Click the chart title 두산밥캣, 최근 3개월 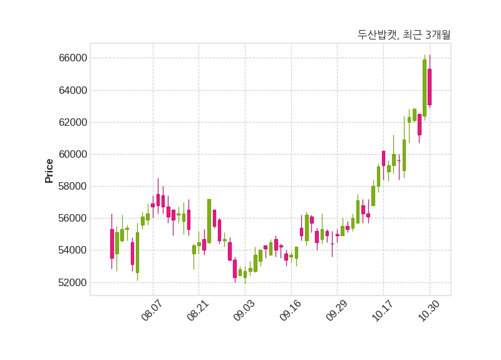coord(403,35)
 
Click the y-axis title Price coord(49,171)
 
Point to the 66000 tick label coord(70,58)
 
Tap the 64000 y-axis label coord(70,90)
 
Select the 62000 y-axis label coord(70,122)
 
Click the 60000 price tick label coord(70,154)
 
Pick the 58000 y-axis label coord(70,187)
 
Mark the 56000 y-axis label coord(70,219)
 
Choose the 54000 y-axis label coord(70,250)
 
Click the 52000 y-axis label coord(70,282)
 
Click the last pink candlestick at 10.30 coord(430,87)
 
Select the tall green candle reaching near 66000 coord(425,88)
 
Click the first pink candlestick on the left coord(112,244)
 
